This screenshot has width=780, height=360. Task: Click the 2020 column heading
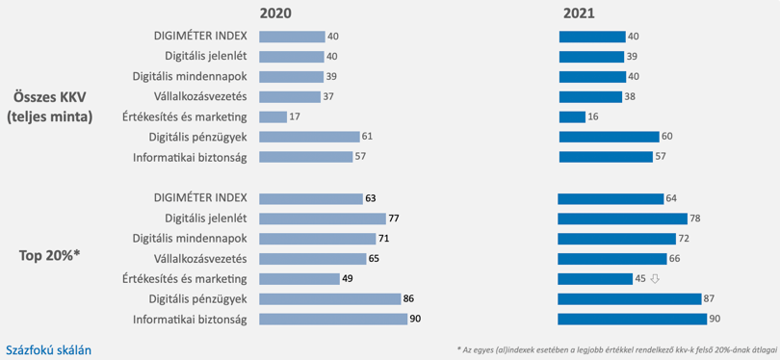pyautogui.click(x=275, y=13)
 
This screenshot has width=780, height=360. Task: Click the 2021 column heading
pyautogui.click(x=579, y=13)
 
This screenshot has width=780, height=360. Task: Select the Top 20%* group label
pyautogui.click(x=49, y=256)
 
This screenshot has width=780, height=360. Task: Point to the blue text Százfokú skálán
pyautogui.click(x=49, y=350)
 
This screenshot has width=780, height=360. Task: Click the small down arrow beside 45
pyautogui.click(x=655, y=279)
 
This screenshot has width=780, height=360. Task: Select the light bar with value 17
pyautogui.click(x=273, y=116)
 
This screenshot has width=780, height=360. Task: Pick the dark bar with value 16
pyautogui.click(x=572, y=116)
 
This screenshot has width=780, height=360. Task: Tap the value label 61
pyautogui.click(x=367, y=137)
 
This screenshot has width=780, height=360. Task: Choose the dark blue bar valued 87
pyautogui.click(x=629, y=298)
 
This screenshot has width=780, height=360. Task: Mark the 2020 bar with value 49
pyautogui.click(x=299, y=279)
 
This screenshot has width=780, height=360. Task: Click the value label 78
pyautogui.click(x=695, y=219)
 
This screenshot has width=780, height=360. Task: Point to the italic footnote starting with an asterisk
pyautogui.click(x=616, y=349)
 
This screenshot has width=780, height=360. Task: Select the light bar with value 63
pyautogui.click(x=311, y=199)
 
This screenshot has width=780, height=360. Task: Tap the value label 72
pyautogui.click(x=684, y=239)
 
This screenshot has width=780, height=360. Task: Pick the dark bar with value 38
pyautogui.click(x=590, y=97)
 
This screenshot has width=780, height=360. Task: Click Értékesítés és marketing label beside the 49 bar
pyautogui.click(x=185, y=279)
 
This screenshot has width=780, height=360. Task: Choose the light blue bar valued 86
pyautogui.click(x=330, y=298)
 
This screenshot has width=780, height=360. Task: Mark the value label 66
pyautogui.click(x=674, y=259)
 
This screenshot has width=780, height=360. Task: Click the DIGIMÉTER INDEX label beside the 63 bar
pyautogui.click(x=200, y=198)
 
